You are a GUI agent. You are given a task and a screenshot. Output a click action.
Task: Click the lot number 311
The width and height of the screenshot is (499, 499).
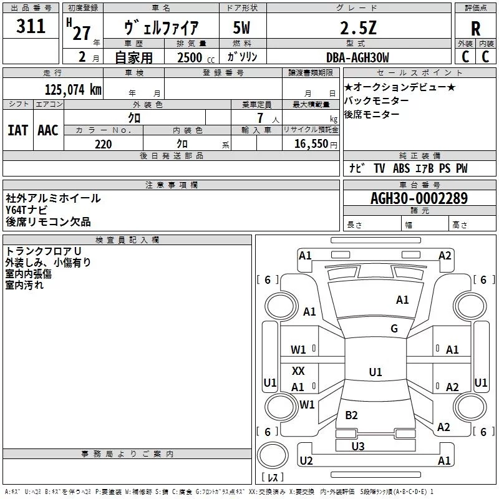(31, 26)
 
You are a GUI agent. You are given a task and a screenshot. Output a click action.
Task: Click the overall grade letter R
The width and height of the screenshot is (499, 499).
(475, 29)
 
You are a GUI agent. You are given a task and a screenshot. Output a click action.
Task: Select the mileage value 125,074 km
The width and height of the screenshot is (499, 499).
(73, 90)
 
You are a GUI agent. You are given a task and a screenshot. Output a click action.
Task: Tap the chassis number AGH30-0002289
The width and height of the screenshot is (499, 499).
(419, 198)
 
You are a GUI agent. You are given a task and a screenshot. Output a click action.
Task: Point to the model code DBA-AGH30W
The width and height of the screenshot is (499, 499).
(357, 57)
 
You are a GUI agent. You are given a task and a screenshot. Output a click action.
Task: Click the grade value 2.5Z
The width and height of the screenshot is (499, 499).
(358, 28)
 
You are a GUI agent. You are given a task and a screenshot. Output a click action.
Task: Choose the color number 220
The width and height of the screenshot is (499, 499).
(104, 144)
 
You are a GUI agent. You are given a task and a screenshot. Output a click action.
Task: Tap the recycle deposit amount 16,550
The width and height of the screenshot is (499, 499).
(311, 144)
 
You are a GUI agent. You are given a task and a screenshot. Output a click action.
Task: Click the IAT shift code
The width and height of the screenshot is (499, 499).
(17, 130)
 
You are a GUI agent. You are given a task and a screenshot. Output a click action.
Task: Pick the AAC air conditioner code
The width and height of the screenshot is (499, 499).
(48, 130)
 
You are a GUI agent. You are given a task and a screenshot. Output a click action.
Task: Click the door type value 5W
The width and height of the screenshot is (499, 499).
(241, 27)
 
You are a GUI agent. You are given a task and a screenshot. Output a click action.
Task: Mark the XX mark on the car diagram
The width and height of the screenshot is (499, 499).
(298, 371)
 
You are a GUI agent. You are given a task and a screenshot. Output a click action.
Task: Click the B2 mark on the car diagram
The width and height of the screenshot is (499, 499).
(351, 415)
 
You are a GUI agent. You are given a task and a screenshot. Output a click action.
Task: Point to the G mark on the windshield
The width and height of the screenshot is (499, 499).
(394, 328)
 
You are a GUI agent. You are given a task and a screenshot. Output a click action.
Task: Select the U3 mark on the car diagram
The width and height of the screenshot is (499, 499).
(358, 446)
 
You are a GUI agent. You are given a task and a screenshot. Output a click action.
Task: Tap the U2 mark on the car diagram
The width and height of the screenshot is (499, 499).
(306, 460)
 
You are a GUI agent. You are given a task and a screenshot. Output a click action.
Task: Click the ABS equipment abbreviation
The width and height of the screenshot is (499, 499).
(401, 168)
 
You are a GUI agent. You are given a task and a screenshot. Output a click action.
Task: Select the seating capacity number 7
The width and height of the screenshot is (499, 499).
(260, 118)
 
